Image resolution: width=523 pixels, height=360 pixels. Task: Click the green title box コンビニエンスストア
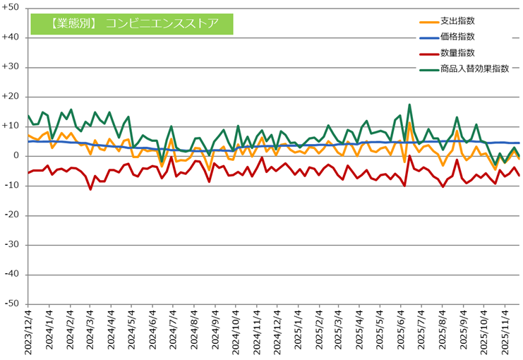click(132, 23)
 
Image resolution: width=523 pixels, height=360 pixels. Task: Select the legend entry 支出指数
click(457, 21)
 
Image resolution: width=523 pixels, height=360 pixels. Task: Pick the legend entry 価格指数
click(457, 37)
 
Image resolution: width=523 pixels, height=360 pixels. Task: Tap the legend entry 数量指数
click(457, 52)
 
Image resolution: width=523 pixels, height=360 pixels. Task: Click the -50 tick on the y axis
click(13, 304)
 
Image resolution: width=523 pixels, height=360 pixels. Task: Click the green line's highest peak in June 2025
click(409, 104)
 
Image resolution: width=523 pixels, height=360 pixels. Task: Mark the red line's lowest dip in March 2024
click(90, 189)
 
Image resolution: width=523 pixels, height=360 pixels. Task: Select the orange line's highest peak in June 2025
click(409, 123)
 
